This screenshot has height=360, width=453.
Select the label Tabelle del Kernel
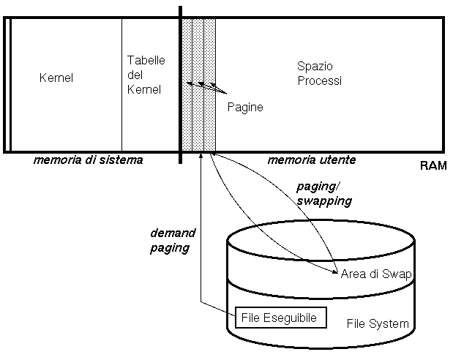[x=143, y=75]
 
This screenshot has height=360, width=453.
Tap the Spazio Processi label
[x=319, y=73]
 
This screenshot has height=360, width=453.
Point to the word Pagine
[x=244, y=107]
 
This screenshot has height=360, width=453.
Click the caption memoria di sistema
[x=89, y=160]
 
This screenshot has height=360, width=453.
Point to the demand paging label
[x=173, y=240]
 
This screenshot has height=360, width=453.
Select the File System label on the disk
[x=377, y=323]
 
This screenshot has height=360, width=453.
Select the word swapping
[x=323, y=200]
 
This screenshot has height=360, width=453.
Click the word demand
[x=173, y=233]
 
